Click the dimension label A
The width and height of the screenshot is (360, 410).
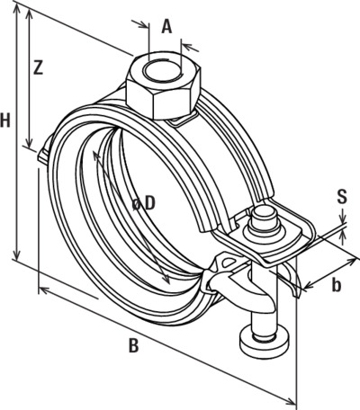(167, 26)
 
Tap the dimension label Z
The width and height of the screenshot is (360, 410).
(38, 67)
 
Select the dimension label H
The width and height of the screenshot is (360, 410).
(5, 120)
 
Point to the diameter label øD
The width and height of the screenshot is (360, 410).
(144, 204)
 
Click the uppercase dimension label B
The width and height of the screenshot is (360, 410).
(133, 345)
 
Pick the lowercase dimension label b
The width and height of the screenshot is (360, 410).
(337, 285)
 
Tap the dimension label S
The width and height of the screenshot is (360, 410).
(342, 197)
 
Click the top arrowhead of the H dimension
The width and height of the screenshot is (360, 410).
(17, 8)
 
